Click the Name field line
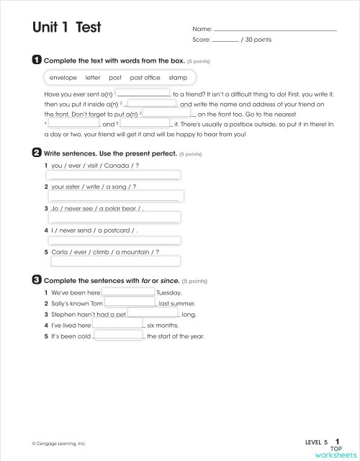[275, 29]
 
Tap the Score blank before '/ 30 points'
[225, 40]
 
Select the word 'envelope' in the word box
[63, 77]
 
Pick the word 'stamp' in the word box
[178, 77]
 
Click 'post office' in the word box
[145, 77]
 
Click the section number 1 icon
[37, 61]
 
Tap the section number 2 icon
[37, 153]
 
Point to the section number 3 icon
[37, 279]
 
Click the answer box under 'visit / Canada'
[114, 174]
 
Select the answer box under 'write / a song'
[116, 196]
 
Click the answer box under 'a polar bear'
[114, 218]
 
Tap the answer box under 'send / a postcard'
[114, 240]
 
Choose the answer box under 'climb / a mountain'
[114, 261]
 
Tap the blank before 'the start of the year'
[118, 336]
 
